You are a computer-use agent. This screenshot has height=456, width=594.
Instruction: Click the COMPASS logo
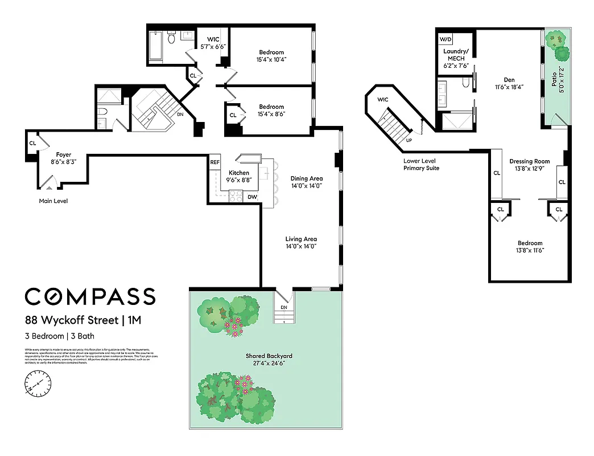(x=90, y=296)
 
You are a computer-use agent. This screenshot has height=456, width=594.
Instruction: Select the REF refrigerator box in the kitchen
(x=215, y=162)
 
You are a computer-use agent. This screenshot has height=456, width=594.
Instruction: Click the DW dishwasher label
(x=252, y=197)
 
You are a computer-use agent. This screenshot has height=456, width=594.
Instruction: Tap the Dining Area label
(x=307, y=178)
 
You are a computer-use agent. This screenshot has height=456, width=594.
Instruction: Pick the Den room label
(x=509, y=80)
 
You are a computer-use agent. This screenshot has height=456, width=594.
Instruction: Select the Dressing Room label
(x=529, y=161)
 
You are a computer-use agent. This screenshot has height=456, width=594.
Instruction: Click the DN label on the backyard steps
(x=284, y=307)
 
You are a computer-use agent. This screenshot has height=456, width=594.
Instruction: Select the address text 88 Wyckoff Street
(x=72, y=320)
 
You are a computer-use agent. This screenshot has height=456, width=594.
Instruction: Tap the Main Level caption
(x=53, y=201)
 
